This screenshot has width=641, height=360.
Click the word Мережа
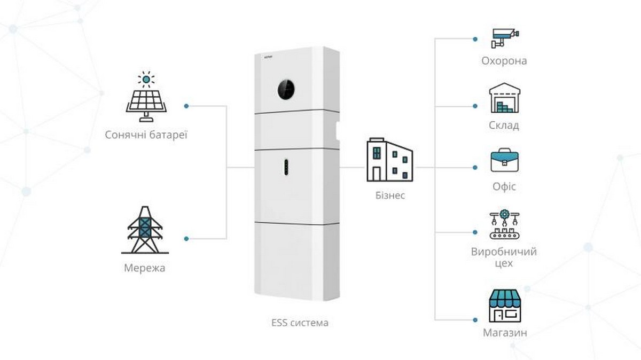pos(144,268)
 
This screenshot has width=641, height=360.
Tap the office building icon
pos(389,160)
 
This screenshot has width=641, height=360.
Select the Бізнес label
pos(390,195)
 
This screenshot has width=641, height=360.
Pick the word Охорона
pos(504,61)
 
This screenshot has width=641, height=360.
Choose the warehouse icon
pos(505,99)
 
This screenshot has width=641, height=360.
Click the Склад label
pos(504,126)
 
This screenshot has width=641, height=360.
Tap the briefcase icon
pos(505,160)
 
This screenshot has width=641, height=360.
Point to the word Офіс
pos(504,187)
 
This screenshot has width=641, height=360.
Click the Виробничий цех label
pos(504,257)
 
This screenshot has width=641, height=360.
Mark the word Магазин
pos(505,333)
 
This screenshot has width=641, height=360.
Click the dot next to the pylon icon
pos(186,239)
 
